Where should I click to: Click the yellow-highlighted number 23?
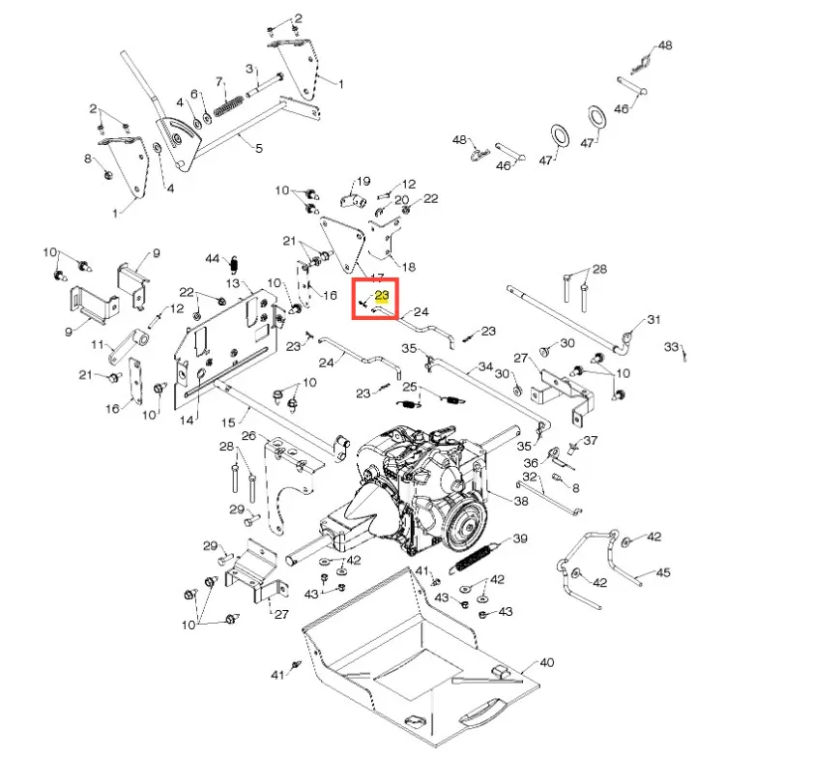(382, 296)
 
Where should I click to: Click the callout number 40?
(546, 662)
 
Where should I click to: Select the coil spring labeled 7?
(228, 106)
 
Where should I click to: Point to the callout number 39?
(520, 539)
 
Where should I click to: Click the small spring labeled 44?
(234, 265)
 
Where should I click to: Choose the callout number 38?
(521, 501)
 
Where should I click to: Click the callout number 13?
(233, 283)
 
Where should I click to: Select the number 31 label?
(653, 319)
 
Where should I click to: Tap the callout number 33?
(672, 346)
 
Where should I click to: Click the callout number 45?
(663, 572)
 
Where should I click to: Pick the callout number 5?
(259, 148)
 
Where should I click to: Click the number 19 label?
(363, 181)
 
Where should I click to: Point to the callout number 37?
(591, 440)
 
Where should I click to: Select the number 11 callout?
(98, 344)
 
